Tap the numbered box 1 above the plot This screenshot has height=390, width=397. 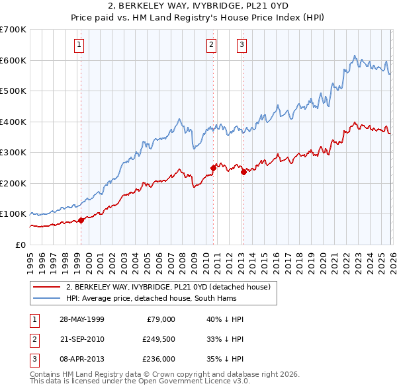(x=79, y=45)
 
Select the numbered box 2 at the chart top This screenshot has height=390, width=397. (x=211, y=45)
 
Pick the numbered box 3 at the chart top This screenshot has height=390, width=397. (x=242, y=45)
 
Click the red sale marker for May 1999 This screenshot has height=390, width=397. (x=81, y=220)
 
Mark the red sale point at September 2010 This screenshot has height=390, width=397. (x=214, y=168)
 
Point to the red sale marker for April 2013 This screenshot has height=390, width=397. (x=243, y=172)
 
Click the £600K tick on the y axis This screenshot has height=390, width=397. (x=13, y=60)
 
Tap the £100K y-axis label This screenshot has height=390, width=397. (x=13, y=214)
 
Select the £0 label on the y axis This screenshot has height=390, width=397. (x=20, y=245)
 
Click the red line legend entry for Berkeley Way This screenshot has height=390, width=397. (x=168, y=287)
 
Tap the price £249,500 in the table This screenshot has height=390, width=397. (x=158, y=338)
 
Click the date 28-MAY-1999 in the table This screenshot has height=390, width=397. (x=81, y=319)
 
